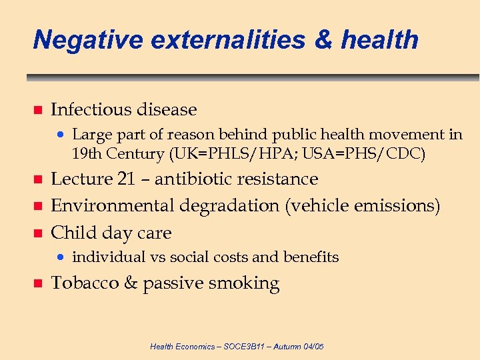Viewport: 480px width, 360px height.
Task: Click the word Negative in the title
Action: (87, 40)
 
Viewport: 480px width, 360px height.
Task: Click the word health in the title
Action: (379, 40)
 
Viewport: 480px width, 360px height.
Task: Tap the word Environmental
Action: (113, 206)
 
